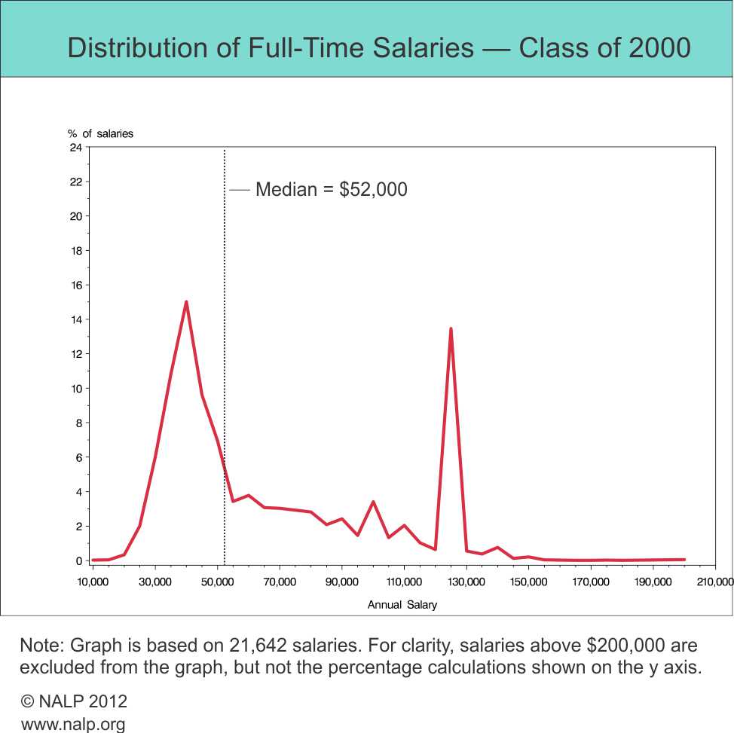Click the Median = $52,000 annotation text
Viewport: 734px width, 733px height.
(332, 189)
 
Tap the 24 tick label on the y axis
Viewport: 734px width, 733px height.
(75, 148)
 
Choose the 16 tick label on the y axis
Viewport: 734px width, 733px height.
(75, 286)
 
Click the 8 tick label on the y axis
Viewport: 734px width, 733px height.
(78, 423)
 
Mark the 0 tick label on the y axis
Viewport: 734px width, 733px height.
(78, 561)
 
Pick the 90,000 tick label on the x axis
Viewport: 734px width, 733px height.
(341, 582)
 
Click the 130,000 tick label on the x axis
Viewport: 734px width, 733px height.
(466, 582)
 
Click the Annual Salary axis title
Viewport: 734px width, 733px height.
(402, 604)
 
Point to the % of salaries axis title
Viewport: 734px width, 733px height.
(100, 133)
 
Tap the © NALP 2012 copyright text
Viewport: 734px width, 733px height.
(74, 701)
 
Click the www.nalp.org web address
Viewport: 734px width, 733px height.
(73, 724)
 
